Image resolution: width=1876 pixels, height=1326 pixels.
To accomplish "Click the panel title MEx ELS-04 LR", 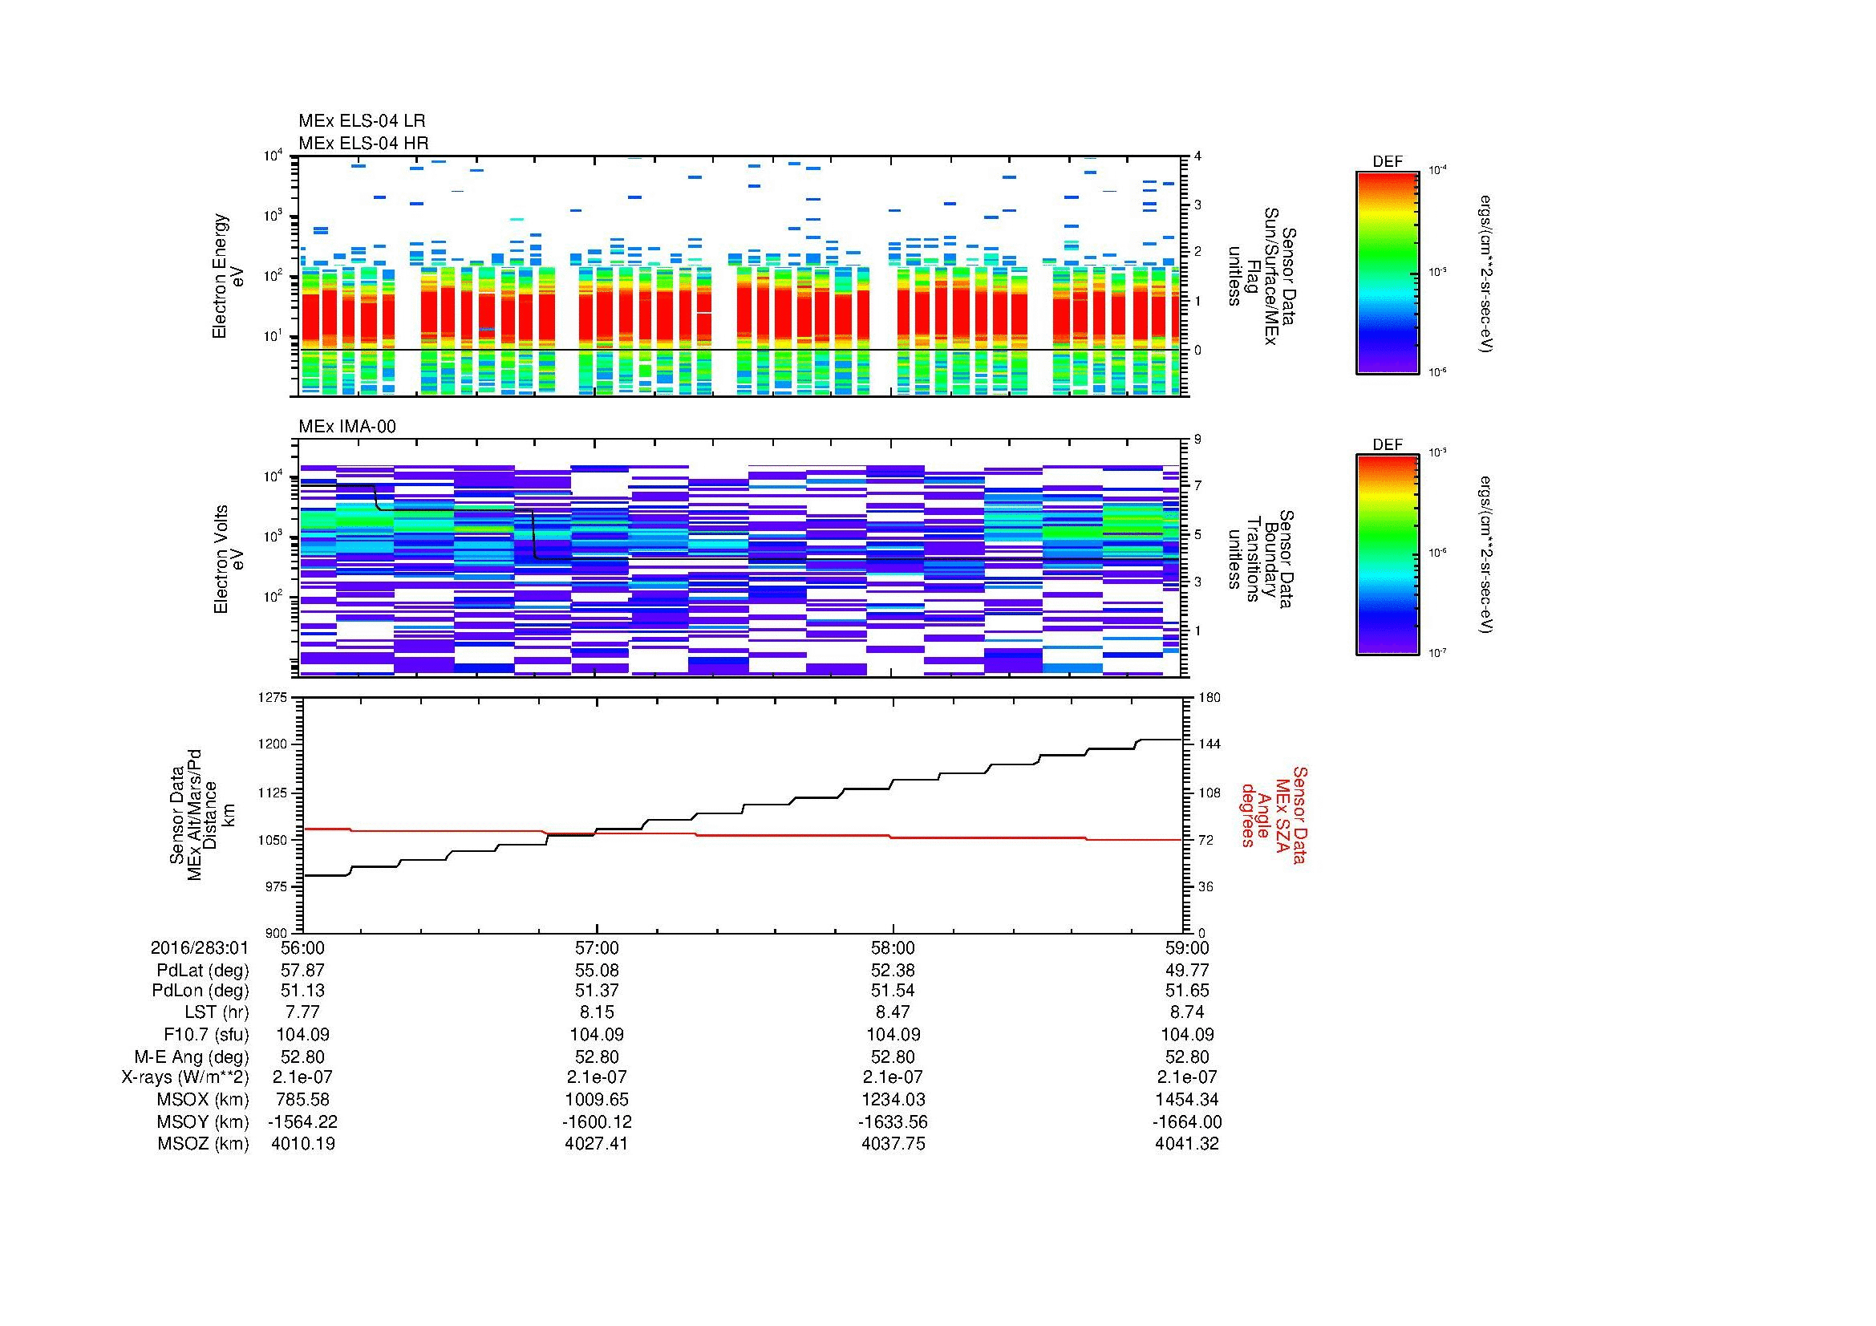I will [361, 121].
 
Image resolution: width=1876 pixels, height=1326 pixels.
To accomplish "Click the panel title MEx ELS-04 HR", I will [363, 143].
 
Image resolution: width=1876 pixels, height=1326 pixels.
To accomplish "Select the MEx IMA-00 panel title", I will [347, 427].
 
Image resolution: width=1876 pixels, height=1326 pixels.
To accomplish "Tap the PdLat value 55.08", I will [598, 970].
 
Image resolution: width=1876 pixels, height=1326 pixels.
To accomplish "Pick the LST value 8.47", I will [893, 1012].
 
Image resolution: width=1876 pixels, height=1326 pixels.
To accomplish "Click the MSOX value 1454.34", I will [1186, 1099].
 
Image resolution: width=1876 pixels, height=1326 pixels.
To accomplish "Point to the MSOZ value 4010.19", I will [302, 1143].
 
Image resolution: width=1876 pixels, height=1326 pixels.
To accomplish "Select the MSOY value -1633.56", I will [892, 1121].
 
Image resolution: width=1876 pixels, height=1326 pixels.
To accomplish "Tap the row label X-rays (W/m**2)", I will [185, 1077].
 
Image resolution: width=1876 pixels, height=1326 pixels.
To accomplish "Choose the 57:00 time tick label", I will [598, 947].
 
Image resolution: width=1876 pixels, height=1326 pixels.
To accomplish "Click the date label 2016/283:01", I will [200, 947].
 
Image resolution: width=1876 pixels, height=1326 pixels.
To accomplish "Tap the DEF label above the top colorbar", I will [1388, 162].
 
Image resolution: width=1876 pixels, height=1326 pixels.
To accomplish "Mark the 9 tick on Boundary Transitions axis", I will [1197, 440].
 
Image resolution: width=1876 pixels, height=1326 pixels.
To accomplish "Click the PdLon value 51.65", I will [1186, 991].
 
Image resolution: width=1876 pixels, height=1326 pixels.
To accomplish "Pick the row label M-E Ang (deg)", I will [191, 1056].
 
